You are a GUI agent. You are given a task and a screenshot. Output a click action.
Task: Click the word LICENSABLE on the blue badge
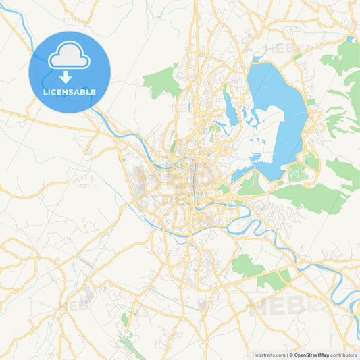click(69, 92)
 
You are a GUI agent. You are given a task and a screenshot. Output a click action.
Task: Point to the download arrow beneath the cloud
click(66, 76)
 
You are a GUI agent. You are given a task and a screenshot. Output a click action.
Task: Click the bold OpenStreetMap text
click(311, 354)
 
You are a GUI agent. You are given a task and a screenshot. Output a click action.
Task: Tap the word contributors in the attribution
click(344, 354)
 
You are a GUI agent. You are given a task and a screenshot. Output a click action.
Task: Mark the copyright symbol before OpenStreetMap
click(290, 354)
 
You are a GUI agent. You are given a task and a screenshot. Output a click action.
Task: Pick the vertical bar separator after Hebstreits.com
click(287, 354)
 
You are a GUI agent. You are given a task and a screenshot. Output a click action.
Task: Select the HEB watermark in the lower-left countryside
click(74, 305)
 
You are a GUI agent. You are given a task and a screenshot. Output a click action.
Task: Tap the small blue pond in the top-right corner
click(349, 39)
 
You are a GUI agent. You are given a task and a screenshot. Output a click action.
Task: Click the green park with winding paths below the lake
click(297, 173)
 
